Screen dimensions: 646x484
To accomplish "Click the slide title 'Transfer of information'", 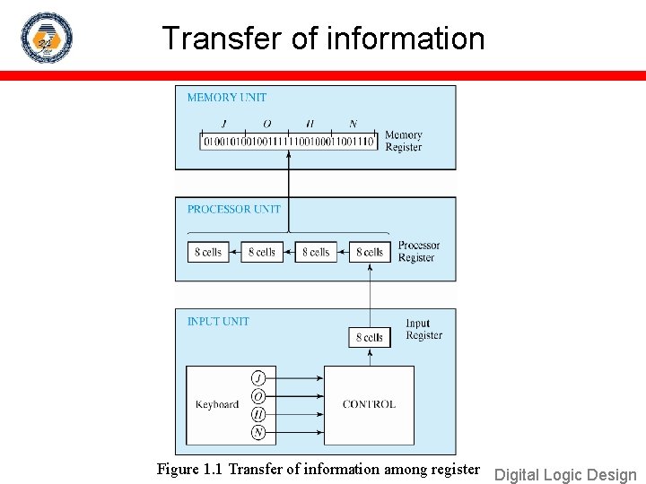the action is click(323, 39).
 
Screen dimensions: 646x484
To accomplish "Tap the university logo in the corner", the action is click(46, 38).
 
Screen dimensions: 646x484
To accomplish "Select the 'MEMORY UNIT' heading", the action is click(226, 98).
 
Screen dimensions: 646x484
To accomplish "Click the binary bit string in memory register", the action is click(288, 142).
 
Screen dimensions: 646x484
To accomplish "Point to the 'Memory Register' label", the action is click(403, 142).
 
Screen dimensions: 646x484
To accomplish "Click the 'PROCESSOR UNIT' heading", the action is click(233, 210).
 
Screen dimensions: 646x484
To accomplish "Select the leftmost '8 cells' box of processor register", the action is click(208, 252).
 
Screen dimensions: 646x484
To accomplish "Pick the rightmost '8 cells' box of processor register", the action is click(370, 252).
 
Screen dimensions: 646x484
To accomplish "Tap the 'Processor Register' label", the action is click(418, 252).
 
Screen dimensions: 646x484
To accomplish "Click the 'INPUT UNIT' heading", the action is click(218, 321).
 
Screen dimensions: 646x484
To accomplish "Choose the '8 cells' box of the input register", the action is click(370, 337).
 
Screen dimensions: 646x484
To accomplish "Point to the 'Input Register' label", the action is click(423, 330).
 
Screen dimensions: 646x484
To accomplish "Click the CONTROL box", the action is click(369, 404).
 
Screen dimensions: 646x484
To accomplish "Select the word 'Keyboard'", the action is click(217, 404).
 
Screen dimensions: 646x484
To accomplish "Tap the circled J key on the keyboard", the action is click(258, 377).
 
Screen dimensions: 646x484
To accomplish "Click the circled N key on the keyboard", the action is click(258, 433).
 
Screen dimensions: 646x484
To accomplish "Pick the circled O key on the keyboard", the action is click(258, 396).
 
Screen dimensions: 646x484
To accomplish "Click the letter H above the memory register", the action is click(310, 124).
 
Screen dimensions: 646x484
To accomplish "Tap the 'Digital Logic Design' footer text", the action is click(565, 475).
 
